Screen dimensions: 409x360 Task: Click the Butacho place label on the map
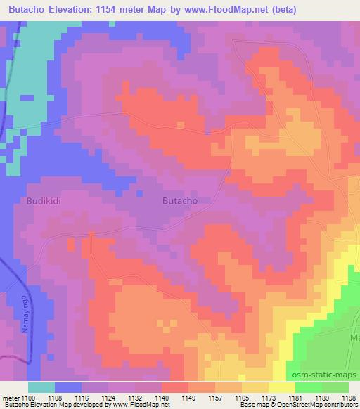click(179, 200)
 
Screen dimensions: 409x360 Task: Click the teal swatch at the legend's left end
click(41, 387)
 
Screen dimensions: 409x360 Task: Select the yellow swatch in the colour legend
click(281, 387)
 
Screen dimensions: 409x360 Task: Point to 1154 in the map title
click(132, 10)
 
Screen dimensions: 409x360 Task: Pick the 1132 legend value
click(137, 398)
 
